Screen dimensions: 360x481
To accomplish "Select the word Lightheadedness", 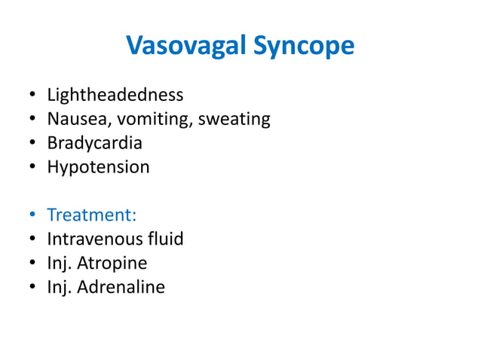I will pyautogui.click(x=115, y=95).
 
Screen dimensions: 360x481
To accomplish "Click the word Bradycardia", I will pyautogui.click(x=94, y=143).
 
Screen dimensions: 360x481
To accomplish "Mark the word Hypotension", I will pyautogui.click(x=98, y=167).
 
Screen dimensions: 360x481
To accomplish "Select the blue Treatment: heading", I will pyautogui.click(x=91, y=215).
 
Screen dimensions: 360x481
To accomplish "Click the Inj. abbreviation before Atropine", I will pyautogui.click(x=59, y=264).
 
